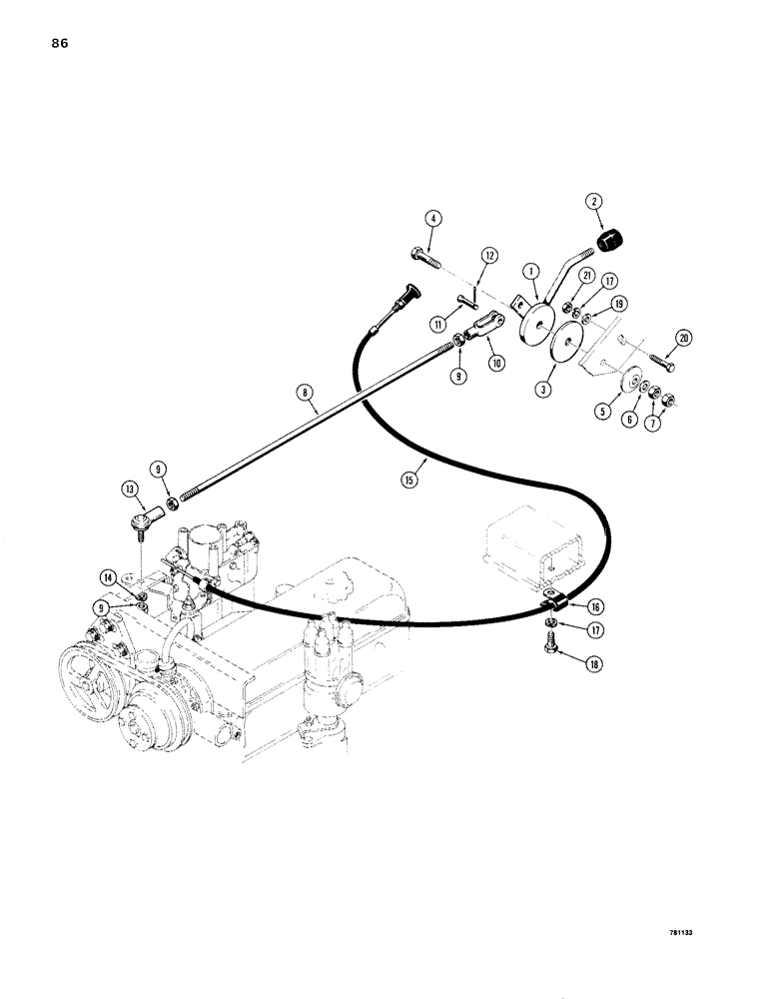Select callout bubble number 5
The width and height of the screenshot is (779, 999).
coord(603,408)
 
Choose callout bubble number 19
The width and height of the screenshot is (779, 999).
coord(621,303)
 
